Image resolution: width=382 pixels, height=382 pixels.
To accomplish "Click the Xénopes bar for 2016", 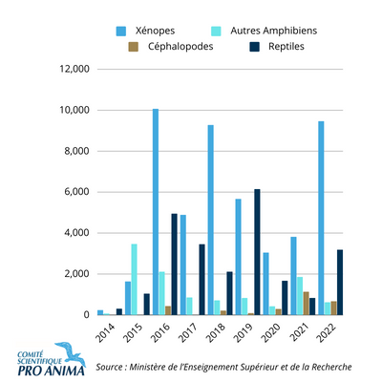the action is [156, 212].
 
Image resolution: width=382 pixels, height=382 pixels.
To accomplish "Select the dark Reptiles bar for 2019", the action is [257, 252].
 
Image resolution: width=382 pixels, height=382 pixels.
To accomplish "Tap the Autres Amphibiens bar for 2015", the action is [134, 280].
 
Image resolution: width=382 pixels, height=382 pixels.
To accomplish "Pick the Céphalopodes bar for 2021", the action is [307, 304].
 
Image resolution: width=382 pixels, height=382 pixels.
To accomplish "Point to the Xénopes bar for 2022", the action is [321, 218].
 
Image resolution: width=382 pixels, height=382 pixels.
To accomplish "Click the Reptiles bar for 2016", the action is [174, 265].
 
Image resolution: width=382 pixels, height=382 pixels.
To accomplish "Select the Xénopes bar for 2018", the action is [211, 220].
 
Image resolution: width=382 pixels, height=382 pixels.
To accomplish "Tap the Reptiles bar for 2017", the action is [202, 280].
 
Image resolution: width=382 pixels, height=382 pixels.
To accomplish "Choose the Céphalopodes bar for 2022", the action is [333, 308].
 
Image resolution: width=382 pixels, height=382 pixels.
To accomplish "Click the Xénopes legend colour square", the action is [121, 32].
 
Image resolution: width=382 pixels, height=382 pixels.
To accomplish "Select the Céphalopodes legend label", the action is [180, 47].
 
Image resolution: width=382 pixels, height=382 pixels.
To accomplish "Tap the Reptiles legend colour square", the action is [254, 47].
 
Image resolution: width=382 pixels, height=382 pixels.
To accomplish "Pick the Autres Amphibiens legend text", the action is [274, 31].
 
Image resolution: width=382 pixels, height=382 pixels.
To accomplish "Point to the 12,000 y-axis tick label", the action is [74, 69].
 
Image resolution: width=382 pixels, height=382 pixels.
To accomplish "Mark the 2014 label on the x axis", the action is [105, 333].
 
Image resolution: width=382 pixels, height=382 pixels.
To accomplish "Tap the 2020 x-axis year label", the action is [271, 333].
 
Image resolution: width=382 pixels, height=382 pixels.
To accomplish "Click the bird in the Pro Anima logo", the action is [71, 352].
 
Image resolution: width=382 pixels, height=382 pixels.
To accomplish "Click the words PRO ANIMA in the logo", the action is [52, 371].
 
